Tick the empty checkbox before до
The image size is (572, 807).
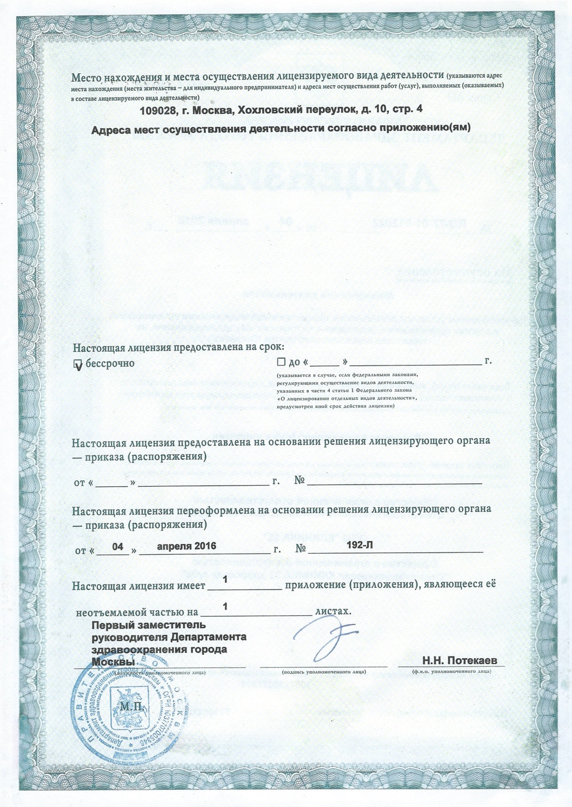tap(280, 362)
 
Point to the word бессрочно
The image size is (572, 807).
tap(110, 363)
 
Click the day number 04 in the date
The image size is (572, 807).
tap(118, 546)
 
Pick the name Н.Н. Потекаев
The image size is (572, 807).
tap(460, 661)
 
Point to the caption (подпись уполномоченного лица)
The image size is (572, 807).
tap(324, 671)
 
